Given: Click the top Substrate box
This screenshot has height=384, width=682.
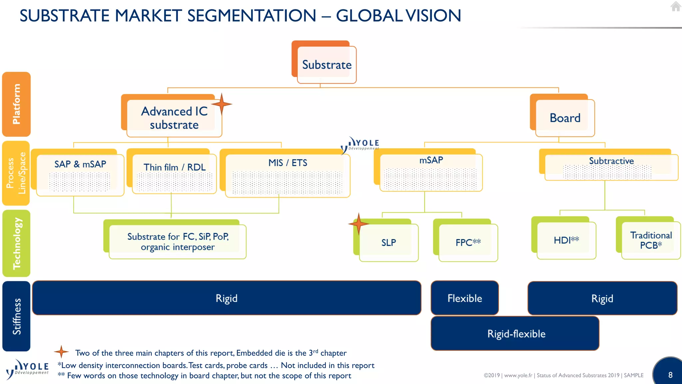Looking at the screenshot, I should tap(327, 65).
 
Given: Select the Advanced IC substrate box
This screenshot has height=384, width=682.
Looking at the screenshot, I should tap(174, 118).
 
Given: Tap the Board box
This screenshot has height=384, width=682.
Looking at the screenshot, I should tap(565, 118).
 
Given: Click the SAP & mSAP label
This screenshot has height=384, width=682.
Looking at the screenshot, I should tap(80, 164).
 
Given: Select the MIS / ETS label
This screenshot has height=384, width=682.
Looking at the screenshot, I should tap(288, 163).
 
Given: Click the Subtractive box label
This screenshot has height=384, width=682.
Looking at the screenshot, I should tap(611, 161).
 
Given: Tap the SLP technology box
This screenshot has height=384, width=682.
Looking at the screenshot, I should tap(389, 242).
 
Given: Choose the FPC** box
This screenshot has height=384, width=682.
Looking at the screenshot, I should tap(468, 242).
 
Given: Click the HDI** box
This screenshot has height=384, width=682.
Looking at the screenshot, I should tap(566, 240).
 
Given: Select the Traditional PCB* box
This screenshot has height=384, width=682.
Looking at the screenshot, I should tap(651, 240).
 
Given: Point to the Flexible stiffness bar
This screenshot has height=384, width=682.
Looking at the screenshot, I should tap(465, 298).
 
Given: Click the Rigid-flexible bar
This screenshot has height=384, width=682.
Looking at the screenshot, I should tap(515, 333).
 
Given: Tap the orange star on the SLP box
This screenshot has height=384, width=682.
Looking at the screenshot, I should tap(358, 223).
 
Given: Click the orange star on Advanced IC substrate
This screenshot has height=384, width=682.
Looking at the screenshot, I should tap(221, 104).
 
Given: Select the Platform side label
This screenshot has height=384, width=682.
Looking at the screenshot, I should tap(16, 104).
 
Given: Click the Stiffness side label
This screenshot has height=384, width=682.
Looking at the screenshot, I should tap(16, 316).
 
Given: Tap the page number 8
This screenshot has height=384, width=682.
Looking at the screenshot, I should tap(670, 375).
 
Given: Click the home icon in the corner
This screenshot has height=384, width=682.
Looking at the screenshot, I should tap(676, 6).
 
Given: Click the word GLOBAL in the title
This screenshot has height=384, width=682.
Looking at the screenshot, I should tap(369, 16).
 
